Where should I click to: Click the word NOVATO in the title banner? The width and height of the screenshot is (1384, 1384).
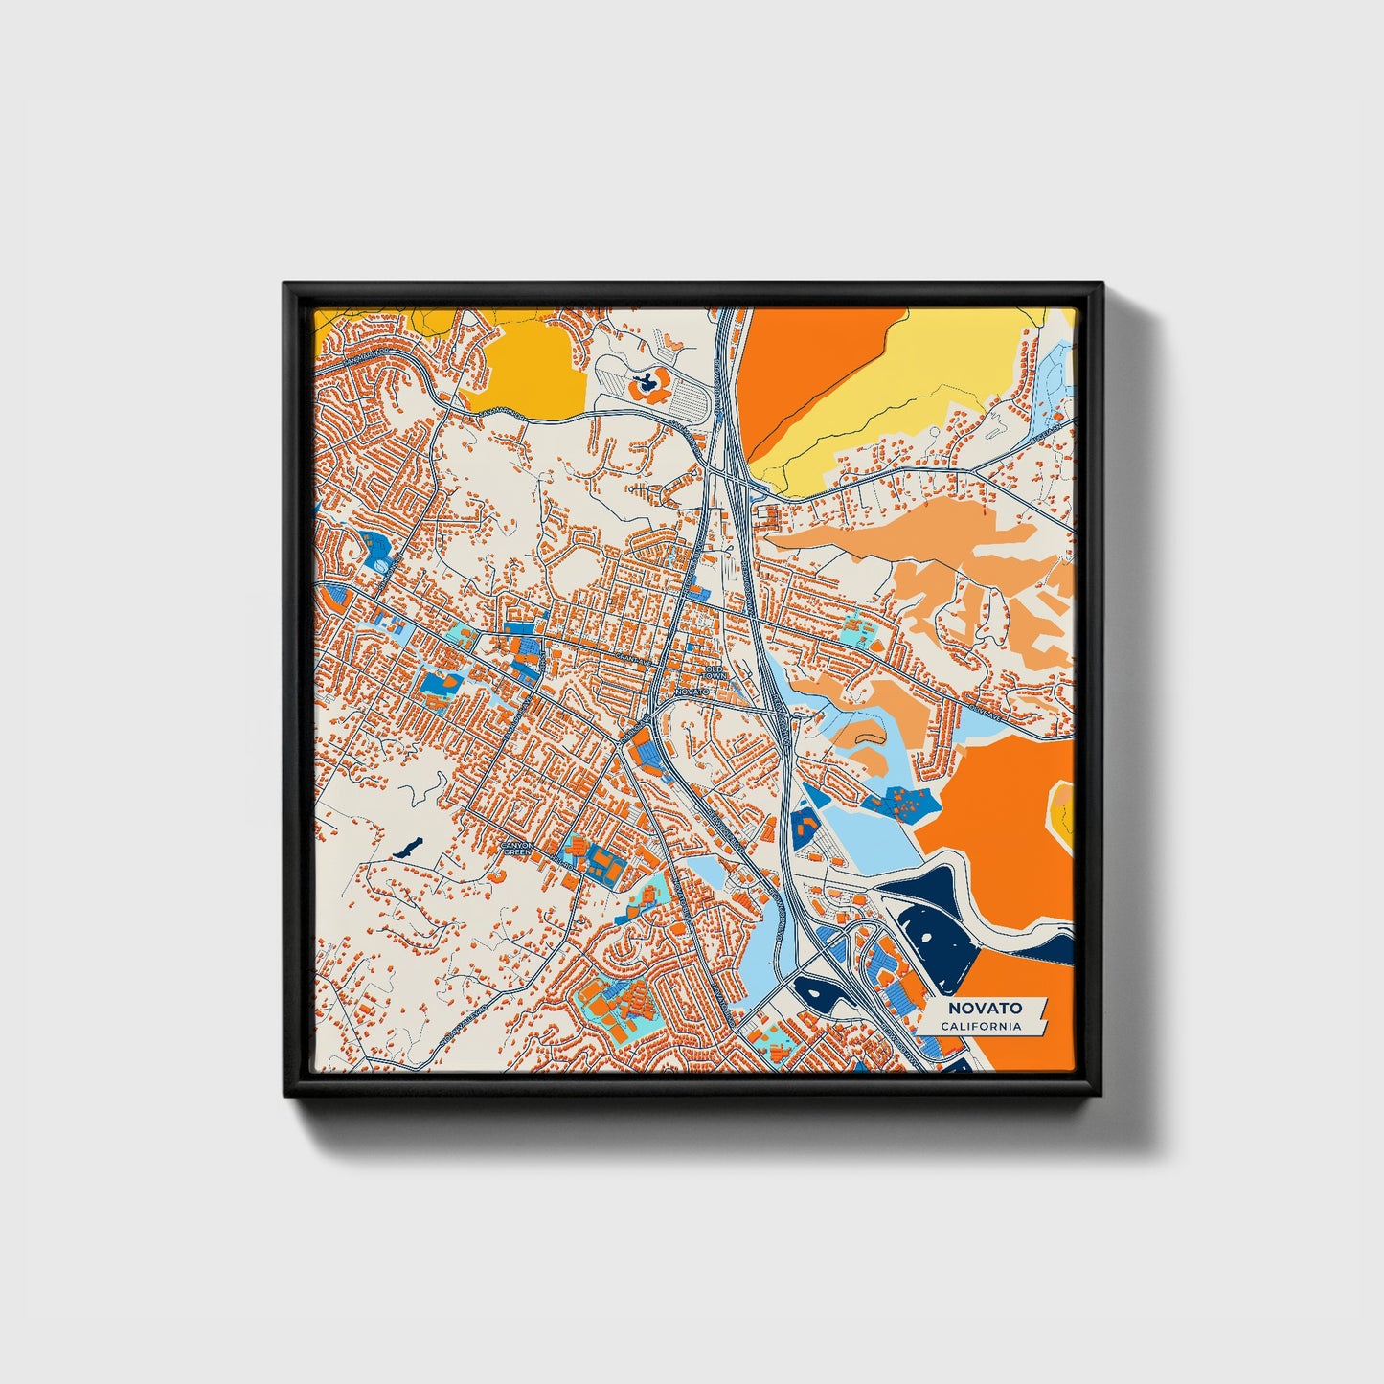pos(985,1008)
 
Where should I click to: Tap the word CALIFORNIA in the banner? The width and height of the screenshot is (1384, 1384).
pos(980,1026)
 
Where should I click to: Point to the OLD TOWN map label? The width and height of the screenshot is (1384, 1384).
pos(715,672)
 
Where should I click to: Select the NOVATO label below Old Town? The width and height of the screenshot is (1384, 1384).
pos(691,691)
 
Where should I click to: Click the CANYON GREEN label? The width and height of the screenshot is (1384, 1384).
pos(517,849)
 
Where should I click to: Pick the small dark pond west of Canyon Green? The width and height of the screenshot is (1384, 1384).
pos(408,847)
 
